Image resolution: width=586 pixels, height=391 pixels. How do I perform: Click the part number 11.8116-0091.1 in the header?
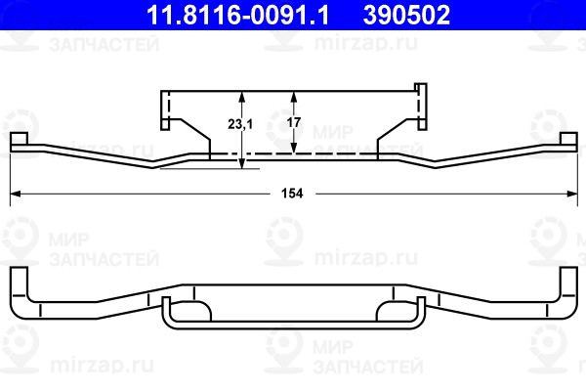[x=238, y=15]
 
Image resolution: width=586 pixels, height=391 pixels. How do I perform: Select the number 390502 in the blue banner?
[x=406, y=15]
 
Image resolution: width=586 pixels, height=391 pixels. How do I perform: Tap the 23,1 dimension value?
[x=240, y=124]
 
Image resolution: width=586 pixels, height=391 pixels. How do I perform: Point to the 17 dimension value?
[x=294, y=122]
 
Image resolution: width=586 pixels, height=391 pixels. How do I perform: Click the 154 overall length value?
[x=292, y=194]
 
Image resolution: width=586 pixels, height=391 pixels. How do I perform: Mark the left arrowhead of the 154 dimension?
[x=15, y=194]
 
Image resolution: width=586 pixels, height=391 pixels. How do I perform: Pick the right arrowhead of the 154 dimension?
[x=572, y=194]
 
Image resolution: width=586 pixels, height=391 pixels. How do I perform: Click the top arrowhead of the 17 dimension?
[x=294, y=97]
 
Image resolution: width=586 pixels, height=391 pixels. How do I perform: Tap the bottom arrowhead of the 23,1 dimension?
[x=242, y=163]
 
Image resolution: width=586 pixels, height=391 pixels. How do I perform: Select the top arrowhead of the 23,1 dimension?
[x=242, y=97]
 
